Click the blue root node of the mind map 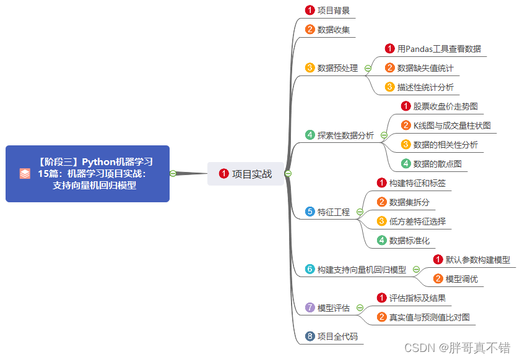tap(87, 174)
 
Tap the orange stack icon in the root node tap(25, 174)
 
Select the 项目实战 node tap(246, 174)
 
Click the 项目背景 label tap(334, 11)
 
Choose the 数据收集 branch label tap(334, 29)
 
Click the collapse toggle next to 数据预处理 tap(368, 68)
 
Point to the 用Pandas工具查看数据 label tap(439, 49)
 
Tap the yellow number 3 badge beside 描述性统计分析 tap(389, 87)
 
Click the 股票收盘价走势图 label tap(446, 106)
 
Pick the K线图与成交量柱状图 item tap(452, 126)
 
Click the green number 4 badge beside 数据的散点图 tap(405, 164)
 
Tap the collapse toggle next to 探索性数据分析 tap(384, 135)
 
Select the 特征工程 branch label tap(334, 212)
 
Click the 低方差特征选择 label tap(417, 221)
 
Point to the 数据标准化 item tap(409, 241)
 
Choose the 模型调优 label tap(462, 279)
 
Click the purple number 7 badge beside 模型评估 tap(310, 307)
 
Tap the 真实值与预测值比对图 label tap(429, 317)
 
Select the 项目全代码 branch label tap(337, 337)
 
